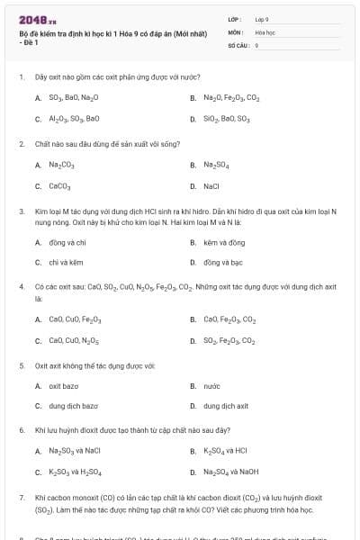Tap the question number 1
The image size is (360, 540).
(21, 77)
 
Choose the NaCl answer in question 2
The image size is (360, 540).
(211, 186)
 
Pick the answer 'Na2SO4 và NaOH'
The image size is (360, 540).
(231, 472)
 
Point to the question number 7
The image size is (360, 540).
(21, 496)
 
